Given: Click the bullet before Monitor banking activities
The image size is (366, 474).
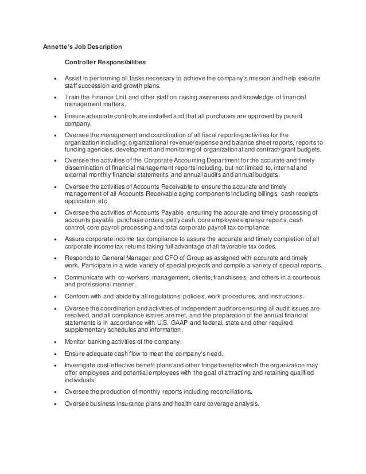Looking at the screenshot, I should pos(54,341).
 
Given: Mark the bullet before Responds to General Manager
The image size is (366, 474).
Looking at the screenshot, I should pos(54,258).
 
